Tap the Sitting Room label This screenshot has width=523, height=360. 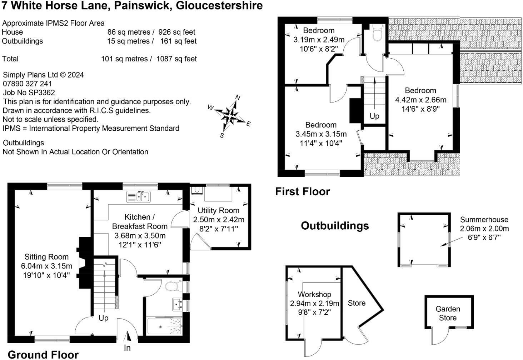coord(47,257)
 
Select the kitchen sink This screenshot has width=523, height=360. coord(139,196)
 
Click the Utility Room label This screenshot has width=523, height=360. coord(219,210)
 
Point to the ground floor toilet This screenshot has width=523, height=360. coord(174,286)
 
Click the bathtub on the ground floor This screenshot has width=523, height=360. coord(165,326)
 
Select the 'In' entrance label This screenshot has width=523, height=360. coord(127,348)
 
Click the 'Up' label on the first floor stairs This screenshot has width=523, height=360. coord(374,116)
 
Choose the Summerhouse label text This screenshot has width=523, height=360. coord(484,219)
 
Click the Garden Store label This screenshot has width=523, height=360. coord(448,313)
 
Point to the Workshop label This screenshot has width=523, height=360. coord(314,294)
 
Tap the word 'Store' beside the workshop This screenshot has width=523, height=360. coord(357,303)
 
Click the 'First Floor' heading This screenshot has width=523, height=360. coord(303,191)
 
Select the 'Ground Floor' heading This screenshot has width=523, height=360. coord(43,355)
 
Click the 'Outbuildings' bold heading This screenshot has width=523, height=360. coord(335,226)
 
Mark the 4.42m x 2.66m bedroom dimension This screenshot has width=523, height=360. coord(421,100)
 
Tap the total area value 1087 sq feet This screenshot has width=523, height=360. coord(176,59)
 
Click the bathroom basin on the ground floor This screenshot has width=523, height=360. coord(177,304)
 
